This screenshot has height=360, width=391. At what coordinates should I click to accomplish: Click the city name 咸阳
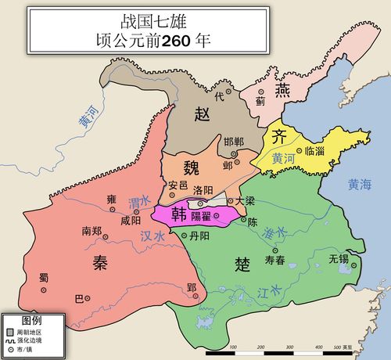pos(131,221)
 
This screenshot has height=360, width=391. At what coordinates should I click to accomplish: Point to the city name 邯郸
pos(234,142)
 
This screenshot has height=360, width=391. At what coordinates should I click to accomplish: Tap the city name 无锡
pos(339,257)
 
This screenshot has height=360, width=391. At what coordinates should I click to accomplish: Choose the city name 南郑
pos(91,231)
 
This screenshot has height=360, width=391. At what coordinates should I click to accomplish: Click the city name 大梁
pos(245,201)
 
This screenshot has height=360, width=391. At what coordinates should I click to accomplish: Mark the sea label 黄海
pos(362,185)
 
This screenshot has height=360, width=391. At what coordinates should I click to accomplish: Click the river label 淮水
pos(276,232)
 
